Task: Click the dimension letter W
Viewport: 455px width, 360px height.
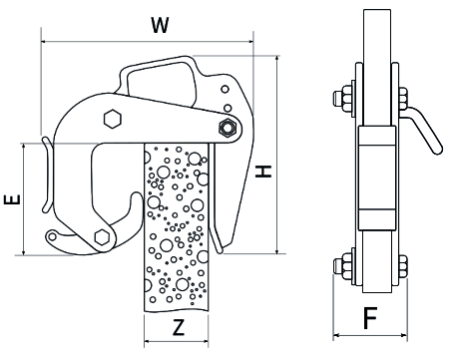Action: pyautogui.click(x=160, y=25)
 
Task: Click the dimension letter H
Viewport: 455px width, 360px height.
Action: pyautogui.click(x=263, y=172)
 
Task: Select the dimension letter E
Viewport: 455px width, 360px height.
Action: pyautogui.click(x=12, y=199)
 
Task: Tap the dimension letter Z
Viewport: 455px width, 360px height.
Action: pyautogui.click(x=179, y=327)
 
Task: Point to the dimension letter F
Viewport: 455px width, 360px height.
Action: pyautogui.click(x=370, y=318)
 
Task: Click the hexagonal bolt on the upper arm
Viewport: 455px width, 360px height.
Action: pyautogui.click(x=112, y=119)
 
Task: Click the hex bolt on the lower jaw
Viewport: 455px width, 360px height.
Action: pyautogui.click(x=103, y=237)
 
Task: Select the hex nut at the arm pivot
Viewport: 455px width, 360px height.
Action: pyautogui.click(x=227, y=128)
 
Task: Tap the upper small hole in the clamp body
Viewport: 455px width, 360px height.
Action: pyautogui.click(x=226, y=89)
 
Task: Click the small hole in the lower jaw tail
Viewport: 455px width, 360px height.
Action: pyautogui.click(x=53, y=236)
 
